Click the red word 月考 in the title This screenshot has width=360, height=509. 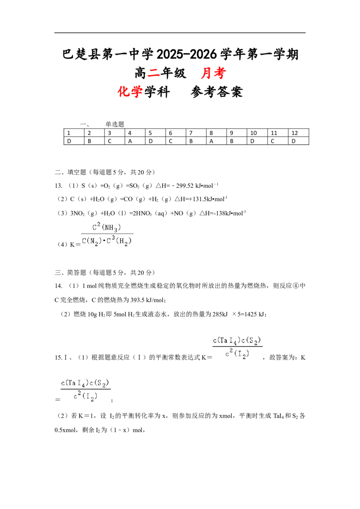(213, 73)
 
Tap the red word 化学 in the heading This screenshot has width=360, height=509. (130, 92)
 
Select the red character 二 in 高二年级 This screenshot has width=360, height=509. (153, 73)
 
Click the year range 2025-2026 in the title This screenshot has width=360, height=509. (186, 54)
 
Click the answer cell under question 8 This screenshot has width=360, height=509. (216, 141)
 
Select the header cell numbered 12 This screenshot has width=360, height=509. (298, 133)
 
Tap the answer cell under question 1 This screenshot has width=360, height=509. (74, 141)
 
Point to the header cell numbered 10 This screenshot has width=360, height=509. (257, 133)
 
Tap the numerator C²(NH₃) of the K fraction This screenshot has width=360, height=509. (107, 227)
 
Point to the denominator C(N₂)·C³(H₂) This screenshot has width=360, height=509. (107, 241)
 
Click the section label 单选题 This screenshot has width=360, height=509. (115, 124)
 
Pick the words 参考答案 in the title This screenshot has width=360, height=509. (217, 92)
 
